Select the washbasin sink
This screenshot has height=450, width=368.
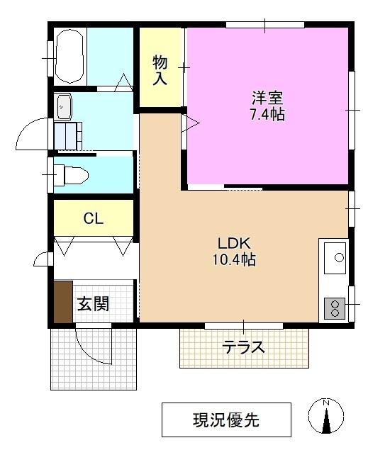64,107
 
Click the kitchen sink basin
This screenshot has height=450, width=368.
333,258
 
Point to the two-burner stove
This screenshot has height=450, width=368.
333,308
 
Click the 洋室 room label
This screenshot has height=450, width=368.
267,97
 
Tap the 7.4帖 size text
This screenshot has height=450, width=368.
267,114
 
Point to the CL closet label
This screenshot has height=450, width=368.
93,218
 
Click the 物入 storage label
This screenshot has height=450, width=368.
160,69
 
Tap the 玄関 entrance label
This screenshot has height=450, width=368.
93,305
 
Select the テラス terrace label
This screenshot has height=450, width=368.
244,347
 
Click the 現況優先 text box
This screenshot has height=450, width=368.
226,420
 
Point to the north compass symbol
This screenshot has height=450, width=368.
325,419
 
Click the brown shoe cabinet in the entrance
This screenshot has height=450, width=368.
63,303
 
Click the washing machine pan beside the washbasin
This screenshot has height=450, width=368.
68,135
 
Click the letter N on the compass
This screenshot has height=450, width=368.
325,403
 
